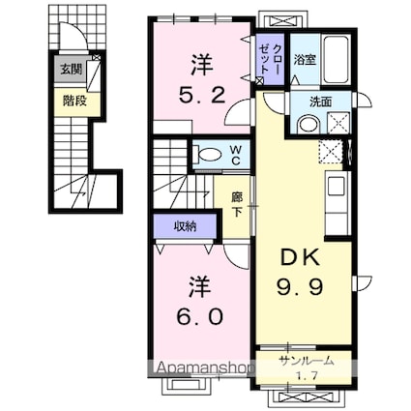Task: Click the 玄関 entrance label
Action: click(x=71, y=70)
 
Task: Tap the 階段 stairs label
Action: click(x=74, y=101)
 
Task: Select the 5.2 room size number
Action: click(x=202, y=96)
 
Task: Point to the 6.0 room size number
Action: click(x=200, y=316)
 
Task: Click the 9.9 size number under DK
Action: click(x=300, y=286)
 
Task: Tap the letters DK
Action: click(x=301, y=258)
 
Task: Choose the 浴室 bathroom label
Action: click(x=305, y=60)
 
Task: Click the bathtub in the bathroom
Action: click(x=337, y=60)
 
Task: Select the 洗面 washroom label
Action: click(x=320, y=102)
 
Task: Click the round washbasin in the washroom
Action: click(x=308, y=125)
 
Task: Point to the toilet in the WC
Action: click(x=208, y=155)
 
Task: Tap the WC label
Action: click(x=236, y=155)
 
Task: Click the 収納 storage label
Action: click(x=185, y=226)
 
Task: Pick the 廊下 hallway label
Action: click(x=237, y=204)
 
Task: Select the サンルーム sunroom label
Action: click(x=306, y=362)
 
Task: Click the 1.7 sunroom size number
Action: click(x=306, y=375)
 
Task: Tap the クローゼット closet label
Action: click(x=270, y=60)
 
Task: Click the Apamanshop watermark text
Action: click(x=206, y=367)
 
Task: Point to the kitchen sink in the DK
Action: click(x=337, y=187)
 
